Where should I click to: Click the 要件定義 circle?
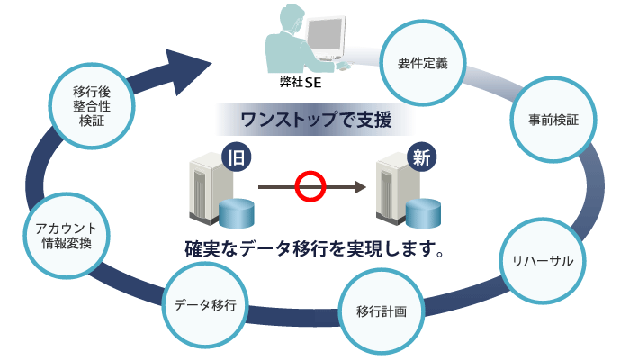[x=422, y=64]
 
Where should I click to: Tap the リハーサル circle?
[x=544, y=260]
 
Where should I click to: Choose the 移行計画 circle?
[x=382, y=311]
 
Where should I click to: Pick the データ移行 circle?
[x=205, y=305]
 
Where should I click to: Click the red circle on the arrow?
[x=310, y=187]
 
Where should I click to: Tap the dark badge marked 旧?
[x=236, y=157]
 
